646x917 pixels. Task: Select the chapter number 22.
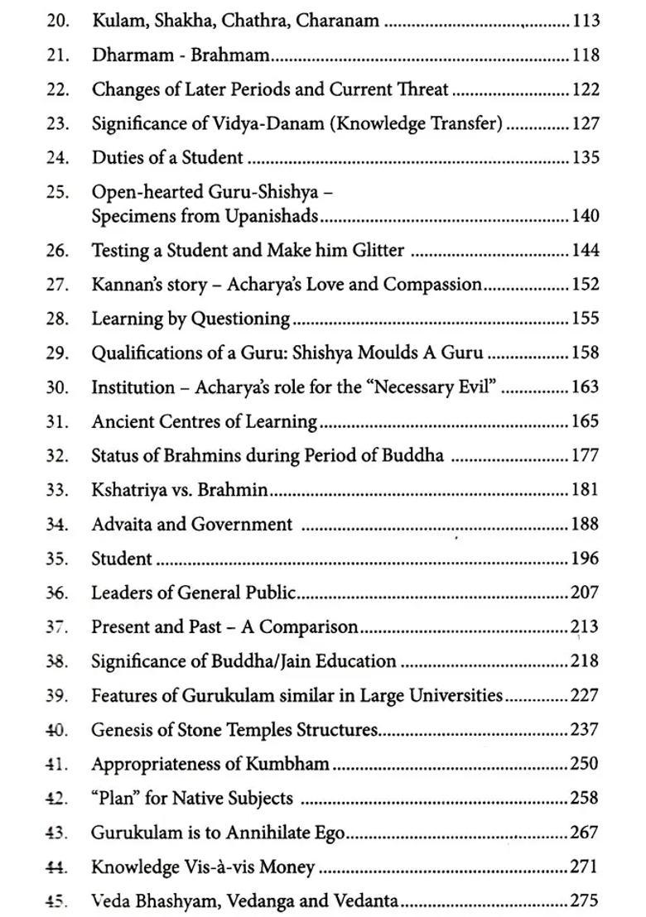[57, 89]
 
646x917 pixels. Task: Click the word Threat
[421, 89]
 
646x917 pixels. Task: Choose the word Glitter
[375, 250]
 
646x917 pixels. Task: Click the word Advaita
[123, 524]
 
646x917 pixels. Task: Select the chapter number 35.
[57, 559]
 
